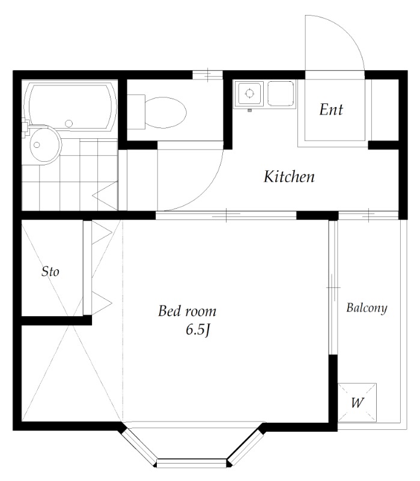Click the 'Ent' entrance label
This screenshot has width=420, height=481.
tap(331, 109)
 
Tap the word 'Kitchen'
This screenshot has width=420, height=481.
tap(289, 176)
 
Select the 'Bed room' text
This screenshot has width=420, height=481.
tap(187, 311)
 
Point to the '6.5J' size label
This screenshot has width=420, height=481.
tap(198, 330)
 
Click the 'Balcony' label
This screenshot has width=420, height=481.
tap(367, 308)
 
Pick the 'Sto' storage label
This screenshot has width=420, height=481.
tap(50, 272)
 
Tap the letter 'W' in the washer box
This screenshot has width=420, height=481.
tap(358, 402)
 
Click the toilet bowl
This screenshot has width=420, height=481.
tap(166, 112)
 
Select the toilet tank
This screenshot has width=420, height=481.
tap(136, 112)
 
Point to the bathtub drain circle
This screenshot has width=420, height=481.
tap(68, 124)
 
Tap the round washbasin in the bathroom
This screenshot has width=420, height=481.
tap(46, 146)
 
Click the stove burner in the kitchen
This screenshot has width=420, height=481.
tap(250, 93)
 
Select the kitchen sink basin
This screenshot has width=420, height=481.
tap(281, 93)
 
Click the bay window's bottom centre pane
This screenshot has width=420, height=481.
tap(192, 462)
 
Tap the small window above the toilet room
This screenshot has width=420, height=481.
tap(207, 75)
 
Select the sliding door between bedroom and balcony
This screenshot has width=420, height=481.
tap(333, 287)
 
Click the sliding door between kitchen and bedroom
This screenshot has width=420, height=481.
tap(226, 215)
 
